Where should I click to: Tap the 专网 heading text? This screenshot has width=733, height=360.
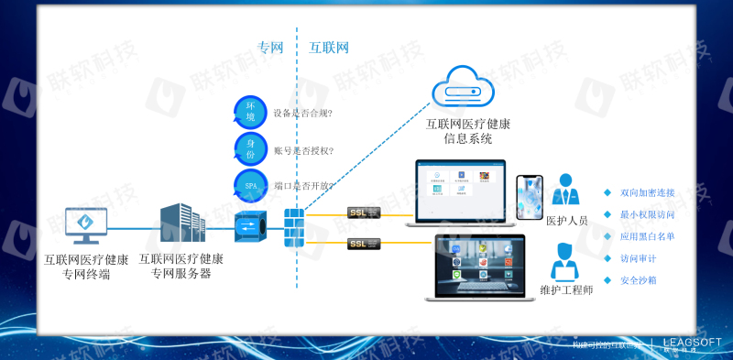pos(270,47)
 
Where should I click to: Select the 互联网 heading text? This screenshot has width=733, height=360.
pos(329,47)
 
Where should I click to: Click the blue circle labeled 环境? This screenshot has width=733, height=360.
pos(250,113)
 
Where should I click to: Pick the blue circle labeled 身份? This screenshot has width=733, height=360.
pos(250,149)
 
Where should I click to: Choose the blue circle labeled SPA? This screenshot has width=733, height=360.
pos(250,185)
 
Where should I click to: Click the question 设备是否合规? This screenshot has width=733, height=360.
pos(302,114)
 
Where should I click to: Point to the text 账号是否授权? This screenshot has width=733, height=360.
pos(303,150)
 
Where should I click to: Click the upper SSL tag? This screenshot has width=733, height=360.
pos(363,213)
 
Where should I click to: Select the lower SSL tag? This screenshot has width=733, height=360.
pos(363,244)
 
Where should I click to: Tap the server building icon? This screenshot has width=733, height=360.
pos(181,223)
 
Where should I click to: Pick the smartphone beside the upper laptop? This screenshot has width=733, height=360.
pos(530,197)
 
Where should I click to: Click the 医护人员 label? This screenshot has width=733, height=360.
pos(567,221)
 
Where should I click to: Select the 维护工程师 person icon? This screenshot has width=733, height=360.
pos(567,261)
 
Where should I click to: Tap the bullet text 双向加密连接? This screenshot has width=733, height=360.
pos(647,192)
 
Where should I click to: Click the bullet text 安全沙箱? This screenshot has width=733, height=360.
pos(638,280)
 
